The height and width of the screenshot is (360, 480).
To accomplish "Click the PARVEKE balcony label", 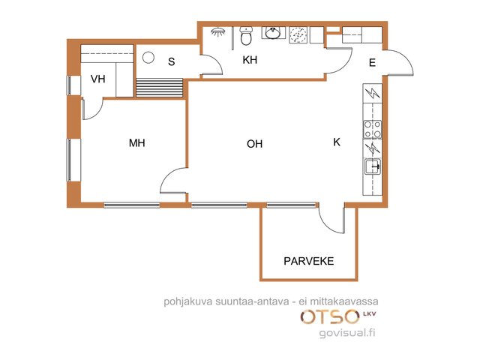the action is (308, 261).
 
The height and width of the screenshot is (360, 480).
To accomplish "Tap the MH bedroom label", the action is (136, 143).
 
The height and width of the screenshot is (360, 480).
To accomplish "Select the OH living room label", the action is (255, 144).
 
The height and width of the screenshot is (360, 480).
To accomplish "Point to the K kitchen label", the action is (337, 142).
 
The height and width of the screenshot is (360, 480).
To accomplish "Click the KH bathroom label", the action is (250, 60).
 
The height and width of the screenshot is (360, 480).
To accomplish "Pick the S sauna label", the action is (172, 61).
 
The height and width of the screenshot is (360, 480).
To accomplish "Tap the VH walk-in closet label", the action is (98, 79).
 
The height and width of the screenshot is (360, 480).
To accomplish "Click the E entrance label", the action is (372, 63).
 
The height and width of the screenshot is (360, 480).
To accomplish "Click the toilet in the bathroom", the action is (246, 35).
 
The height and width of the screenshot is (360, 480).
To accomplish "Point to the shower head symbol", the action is (218, 31).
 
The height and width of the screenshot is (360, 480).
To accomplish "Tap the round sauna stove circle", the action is (148, 58).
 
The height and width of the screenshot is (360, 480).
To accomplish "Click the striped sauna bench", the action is (160, 88).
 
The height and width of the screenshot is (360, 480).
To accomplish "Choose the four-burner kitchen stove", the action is (372, 130).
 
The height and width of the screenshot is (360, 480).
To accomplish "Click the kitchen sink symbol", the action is (373, 166).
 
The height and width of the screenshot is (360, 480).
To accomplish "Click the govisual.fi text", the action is (347, 333).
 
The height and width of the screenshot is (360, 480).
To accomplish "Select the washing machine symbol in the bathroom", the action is (298, 35).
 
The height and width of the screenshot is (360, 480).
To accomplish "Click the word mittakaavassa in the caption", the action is (344, 301).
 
